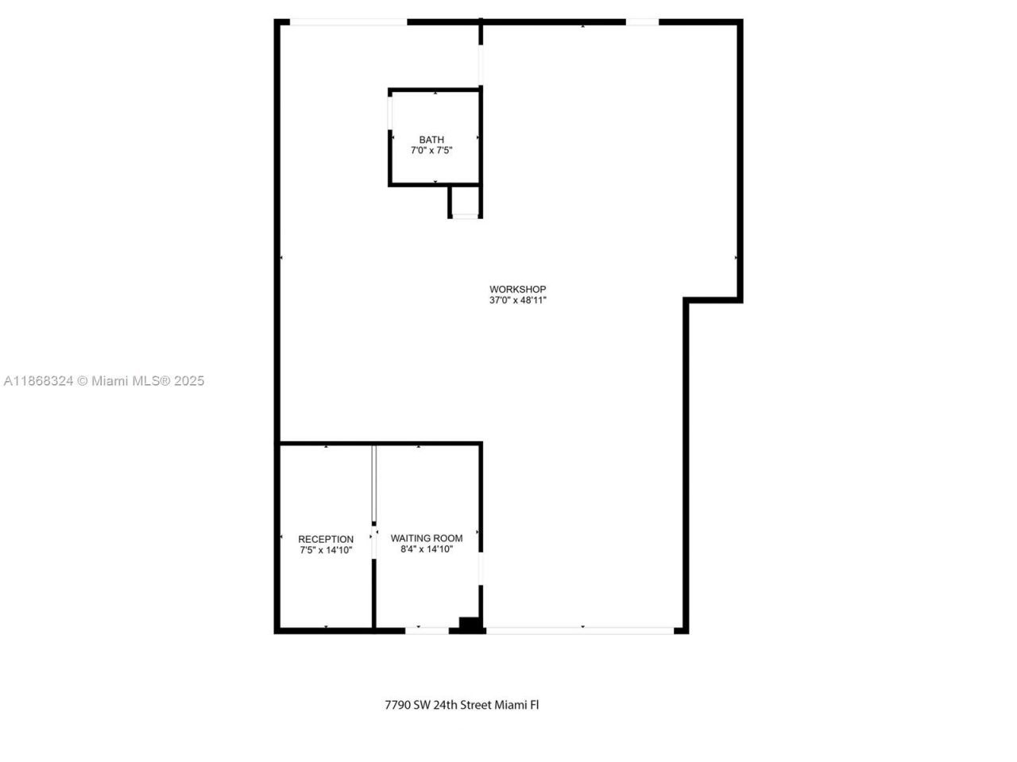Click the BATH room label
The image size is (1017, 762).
431,140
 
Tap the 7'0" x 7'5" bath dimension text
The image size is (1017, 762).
431,150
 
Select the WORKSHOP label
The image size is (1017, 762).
517,289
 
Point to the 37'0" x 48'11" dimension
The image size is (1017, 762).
517,300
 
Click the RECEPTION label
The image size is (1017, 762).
326,539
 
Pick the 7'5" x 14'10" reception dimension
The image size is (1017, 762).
326,550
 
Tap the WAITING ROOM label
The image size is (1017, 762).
427,538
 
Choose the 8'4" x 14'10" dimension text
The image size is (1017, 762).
427,548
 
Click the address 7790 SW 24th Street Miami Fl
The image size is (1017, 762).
462,704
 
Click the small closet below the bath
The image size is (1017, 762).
465,202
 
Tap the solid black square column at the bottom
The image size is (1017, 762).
470,625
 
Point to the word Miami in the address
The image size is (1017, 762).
511,704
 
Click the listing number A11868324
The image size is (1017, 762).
39,381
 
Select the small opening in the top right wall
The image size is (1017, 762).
642,22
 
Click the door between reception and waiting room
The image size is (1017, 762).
373,484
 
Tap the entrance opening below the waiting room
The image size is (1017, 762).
427,631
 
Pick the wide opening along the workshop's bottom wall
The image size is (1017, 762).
580,631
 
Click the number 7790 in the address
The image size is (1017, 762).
397,704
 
